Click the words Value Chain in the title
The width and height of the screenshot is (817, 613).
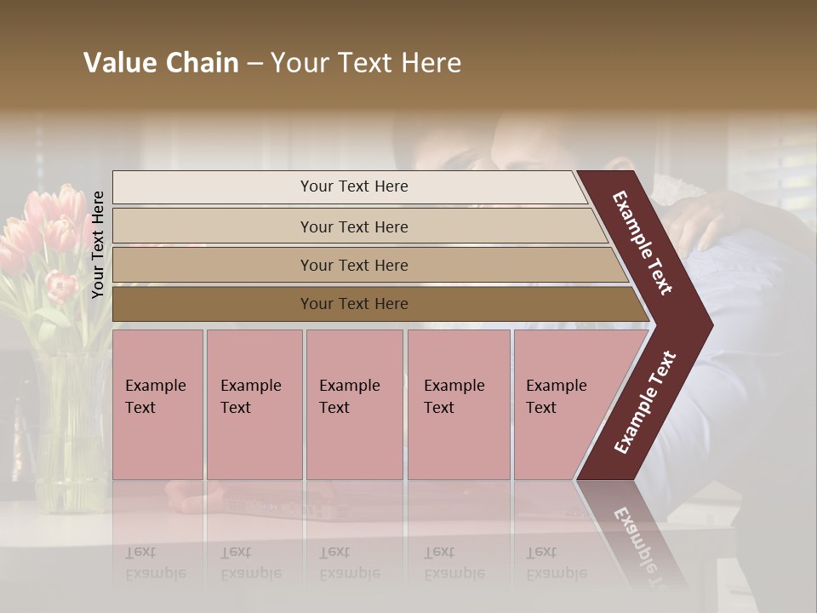161,63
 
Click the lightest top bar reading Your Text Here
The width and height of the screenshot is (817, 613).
353,186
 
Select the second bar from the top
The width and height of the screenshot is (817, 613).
353,226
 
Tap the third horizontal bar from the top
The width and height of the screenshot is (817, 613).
353,265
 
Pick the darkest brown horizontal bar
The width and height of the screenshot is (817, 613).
353,304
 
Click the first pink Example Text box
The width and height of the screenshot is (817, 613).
157,404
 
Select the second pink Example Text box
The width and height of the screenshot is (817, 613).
254,404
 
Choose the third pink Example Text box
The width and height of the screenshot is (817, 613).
353,404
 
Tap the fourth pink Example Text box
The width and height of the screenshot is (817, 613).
458,404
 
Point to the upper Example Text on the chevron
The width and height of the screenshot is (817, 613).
643,243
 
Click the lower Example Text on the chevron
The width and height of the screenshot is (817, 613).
645,403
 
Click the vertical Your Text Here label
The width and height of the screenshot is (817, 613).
98,244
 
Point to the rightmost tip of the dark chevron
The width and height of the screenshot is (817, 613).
711,324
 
